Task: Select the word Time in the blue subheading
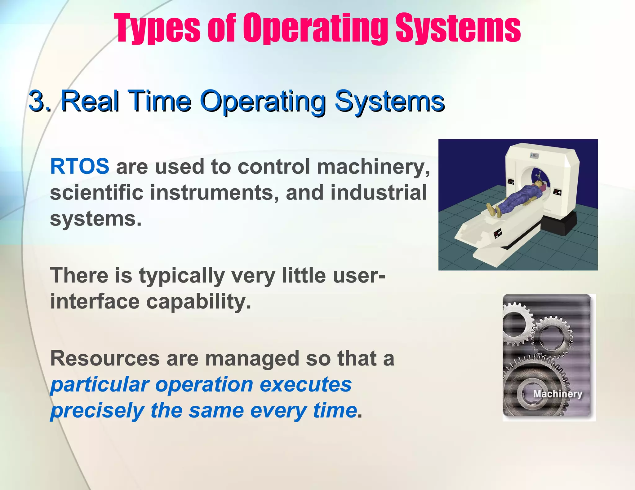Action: (159, 101)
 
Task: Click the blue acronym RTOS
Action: (79, 166)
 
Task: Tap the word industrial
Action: (379, 193)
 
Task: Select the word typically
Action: (182, 276)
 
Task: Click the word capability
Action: (198, 302)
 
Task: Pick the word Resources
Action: (105, 358)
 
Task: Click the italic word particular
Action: (100, 384)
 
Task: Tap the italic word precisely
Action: (97, 410)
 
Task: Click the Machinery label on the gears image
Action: (557, 394)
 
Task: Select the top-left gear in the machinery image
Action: (515, 324)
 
